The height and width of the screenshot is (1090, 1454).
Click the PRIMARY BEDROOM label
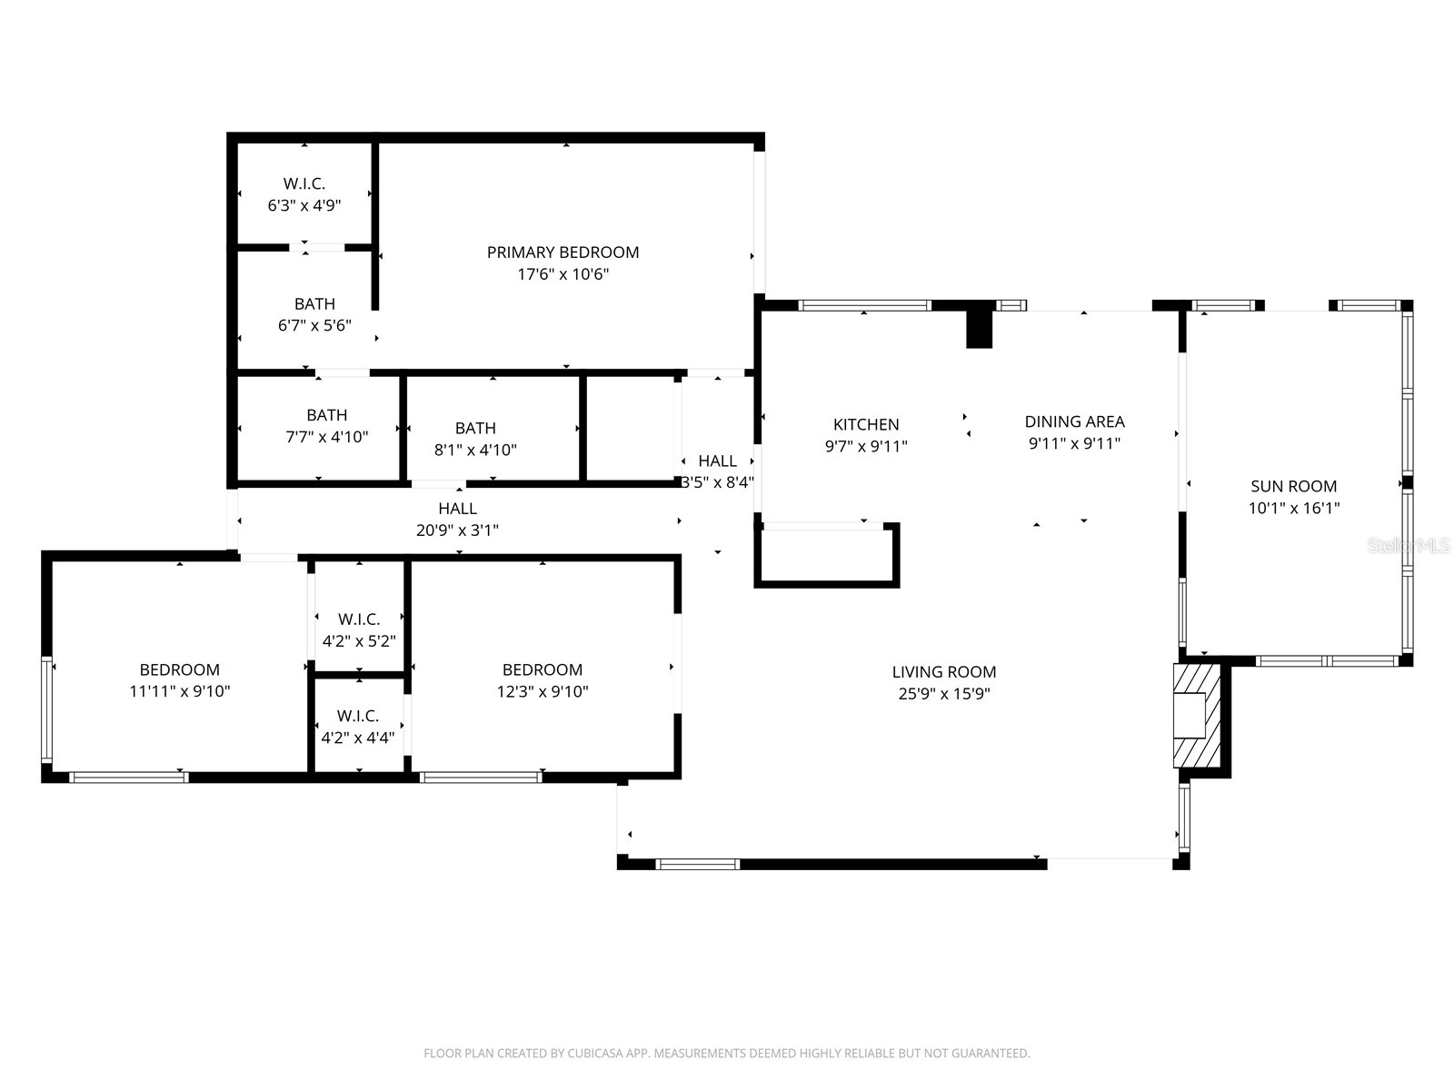coord(563,253)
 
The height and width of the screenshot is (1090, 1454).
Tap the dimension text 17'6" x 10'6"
coord(563,274)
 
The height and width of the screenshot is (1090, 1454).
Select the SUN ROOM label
coord(1293,486)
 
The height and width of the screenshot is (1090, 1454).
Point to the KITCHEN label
coord(866,424)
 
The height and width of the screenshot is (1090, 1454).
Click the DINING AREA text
coord(1074,421)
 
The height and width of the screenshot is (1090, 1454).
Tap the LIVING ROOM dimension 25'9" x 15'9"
coord(944,694)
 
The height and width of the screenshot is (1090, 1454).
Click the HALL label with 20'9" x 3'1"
coord(457,509)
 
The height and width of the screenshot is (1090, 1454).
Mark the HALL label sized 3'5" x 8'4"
coord(718,461)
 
